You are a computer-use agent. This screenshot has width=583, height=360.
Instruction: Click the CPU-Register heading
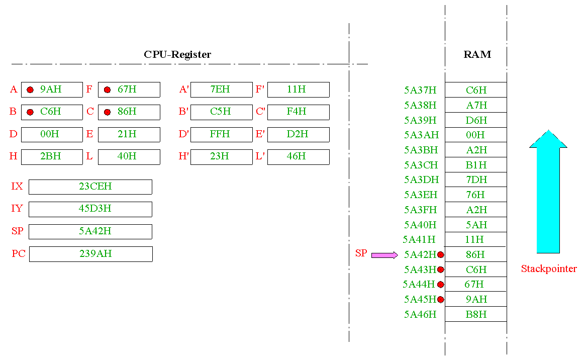pos(177,55)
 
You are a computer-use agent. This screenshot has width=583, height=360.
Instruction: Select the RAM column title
pos(477,55)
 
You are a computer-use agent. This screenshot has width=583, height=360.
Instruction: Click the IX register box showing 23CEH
pos(90,187)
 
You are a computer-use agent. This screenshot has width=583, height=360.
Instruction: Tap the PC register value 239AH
pos(95,253)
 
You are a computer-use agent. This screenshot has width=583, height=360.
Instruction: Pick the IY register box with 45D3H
pos(90,209)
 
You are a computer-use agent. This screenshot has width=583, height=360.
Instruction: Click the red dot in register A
pos(31,89)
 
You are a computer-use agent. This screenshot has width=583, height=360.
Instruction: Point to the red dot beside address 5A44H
pos(441,285)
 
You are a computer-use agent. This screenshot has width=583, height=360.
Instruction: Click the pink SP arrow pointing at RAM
pos(385,255)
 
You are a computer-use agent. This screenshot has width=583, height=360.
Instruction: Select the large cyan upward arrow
pos(548,192)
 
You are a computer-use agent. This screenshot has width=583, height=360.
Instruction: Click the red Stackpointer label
pos(549,268)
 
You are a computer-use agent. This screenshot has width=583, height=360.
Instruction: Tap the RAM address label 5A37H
pos(420,90)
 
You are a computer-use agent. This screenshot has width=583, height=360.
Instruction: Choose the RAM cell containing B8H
pos(476,314)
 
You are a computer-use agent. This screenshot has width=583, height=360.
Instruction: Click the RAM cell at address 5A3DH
pos(476,179)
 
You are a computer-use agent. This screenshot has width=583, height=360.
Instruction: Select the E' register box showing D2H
pos(298,135)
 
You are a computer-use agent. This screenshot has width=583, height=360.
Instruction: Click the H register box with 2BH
pos(52,157)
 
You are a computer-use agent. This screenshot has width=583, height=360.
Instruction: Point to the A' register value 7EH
pos(220,89)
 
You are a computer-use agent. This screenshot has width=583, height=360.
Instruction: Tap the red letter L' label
pos(260,156)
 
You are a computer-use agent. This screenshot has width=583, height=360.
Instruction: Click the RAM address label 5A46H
pos(420,315)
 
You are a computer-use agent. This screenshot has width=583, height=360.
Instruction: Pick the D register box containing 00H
pos(52,135)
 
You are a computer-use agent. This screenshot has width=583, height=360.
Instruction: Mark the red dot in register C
pos(108,112)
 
